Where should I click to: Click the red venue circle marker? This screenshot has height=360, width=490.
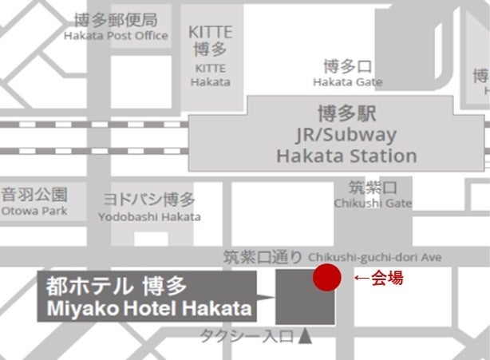(326, 279)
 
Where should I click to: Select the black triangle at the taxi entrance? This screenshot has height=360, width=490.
(305, 337)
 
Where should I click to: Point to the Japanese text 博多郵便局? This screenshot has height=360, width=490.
(116, 20)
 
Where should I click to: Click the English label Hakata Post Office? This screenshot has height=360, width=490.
(116, 36)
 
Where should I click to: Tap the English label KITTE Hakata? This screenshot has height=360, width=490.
(211, 81)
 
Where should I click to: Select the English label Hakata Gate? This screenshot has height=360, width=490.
(347, 81)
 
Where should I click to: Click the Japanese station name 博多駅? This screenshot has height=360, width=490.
(346, 114)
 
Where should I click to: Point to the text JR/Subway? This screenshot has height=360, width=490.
(346, 134)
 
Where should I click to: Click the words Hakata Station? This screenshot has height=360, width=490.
(346, 155)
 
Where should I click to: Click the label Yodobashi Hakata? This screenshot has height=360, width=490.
(149, 216)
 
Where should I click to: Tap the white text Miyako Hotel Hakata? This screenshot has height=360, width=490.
(148, 308)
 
